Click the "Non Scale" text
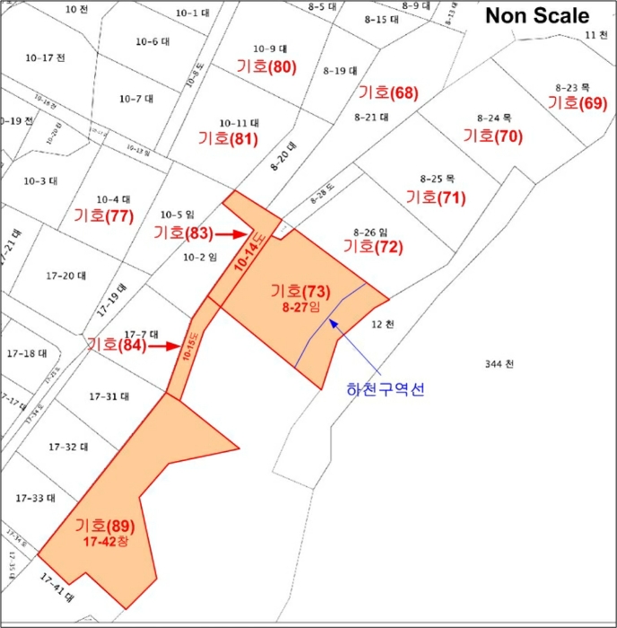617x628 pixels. click(x=537, y=16)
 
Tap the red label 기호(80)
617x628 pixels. click(x=266, y=66)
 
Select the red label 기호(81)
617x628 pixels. click(x=228, y=139)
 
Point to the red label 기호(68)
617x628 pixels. click(x=388, y=92)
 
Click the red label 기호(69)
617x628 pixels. click(x=578, y=103)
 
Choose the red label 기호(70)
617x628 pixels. click(x=492, y=136)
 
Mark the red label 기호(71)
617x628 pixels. click(x=436, y=197)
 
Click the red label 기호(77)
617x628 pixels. click(x=104, y=215)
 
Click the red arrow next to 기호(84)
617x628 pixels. click(x=163, y=345)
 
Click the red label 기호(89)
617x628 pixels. click(x=105, y=525)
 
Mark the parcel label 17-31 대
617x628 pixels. click(x=109, y=396)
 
